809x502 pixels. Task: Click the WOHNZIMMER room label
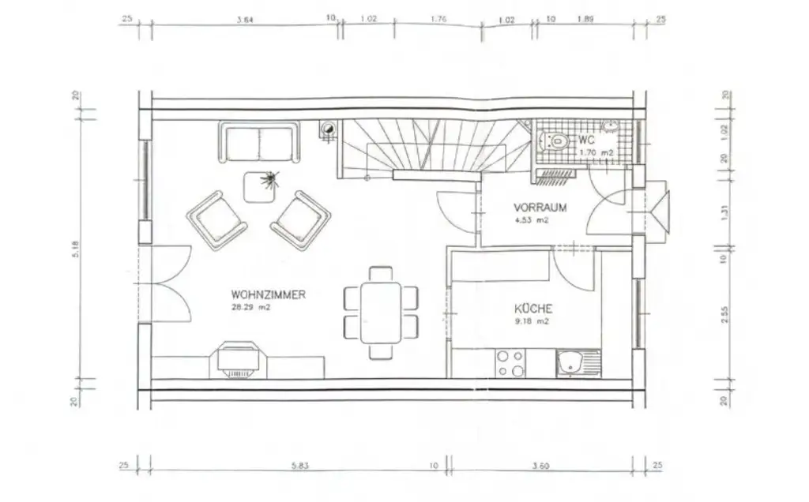click(x=269, y=295)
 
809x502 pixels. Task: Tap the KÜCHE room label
click(x=533, y=309)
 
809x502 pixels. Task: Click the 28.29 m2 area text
click(x=250, y=308)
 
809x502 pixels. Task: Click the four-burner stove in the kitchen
click(x=511, y=364)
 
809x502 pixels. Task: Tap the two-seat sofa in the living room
click(x=258, y=142)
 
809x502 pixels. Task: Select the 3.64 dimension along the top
click(x=244, y=21)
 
